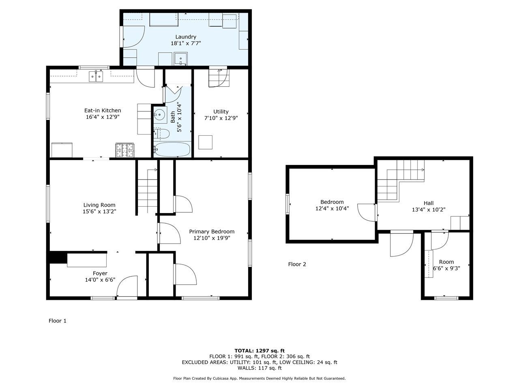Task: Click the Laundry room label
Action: [186, 37]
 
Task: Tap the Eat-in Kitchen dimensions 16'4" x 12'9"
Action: [103, 117]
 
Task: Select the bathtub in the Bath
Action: [172, 150]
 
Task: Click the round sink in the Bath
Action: [160, 115]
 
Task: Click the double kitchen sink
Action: [97, 76]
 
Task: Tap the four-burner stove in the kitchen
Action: [125, 150]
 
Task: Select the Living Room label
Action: [99, 205]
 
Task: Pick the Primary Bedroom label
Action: [212, 232]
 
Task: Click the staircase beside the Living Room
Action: [147, 190]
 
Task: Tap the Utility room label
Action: [221, 111]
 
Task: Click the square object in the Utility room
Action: [205, 142]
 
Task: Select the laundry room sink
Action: [180, 59]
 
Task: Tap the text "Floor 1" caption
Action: [58, 321]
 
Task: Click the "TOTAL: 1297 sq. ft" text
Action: [259, 351]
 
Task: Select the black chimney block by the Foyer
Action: [58, 258]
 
